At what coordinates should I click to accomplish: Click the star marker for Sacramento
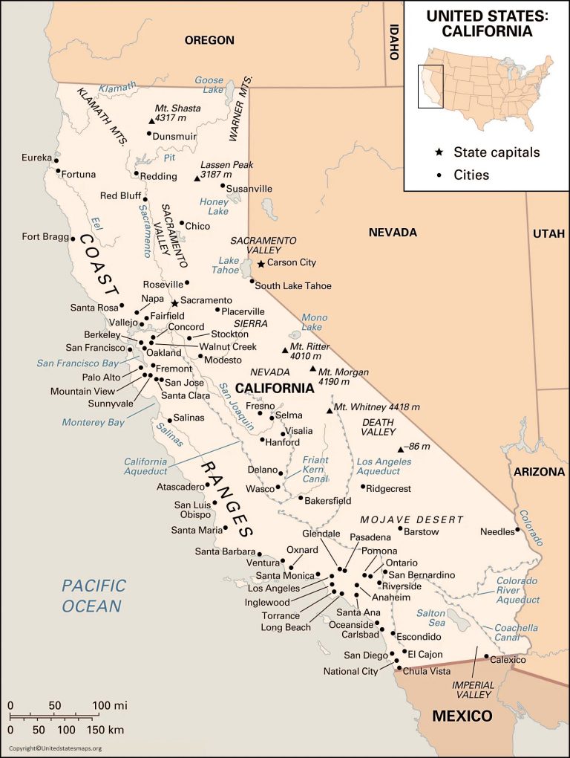click(x=174, y=302)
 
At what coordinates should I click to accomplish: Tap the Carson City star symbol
click(x=261, y=263)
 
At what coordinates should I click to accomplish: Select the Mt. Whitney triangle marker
click(x=330, y=410)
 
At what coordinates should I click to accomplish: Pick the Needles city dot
click(x=518, y=531)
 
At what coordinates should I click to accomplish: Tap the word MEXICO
click(x=462, y=716)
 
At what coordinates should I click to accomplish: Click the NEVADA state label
click(x=393, y=233)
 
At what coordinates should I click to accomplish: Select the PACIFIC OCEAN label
click(x=93, y=596)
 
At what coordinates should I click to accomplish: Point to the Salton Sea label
click(x=430, y=618)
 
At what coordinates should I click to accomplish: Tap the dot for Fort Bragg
click(x=73, y=239)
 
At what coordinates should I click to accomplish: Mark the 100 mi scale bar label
click(x=110, y=704)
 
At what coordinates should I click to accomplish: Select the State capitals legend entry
click(x=497, y=152)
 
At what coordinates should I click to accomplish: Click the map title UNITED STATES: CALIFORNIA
click(x=487, y=24)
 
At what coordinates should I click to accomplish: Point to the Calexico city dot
click(x=486, y=657)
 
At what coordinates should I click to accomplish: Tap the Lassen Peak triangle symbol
click(x=197, y=178)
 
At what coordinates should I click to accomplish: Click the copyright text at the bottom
click(x=55, y=748)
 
